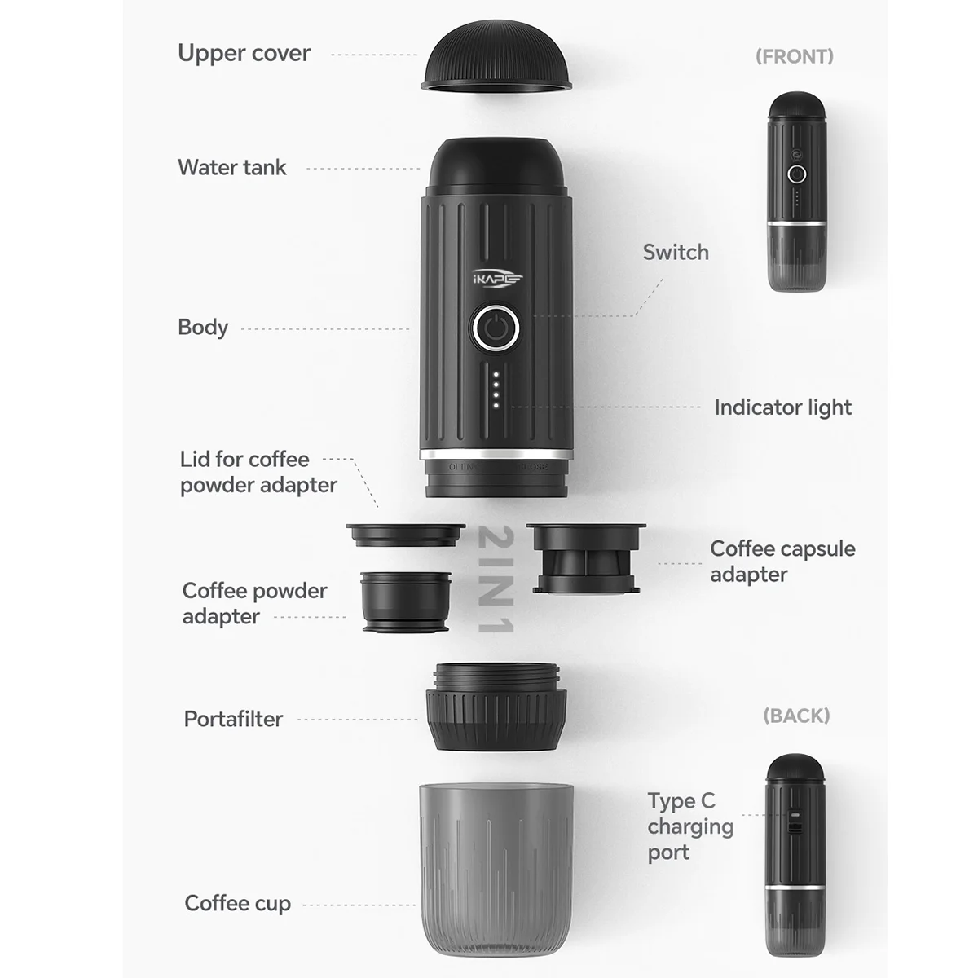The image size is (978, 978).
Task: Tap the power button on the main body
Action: (x=496, y=329)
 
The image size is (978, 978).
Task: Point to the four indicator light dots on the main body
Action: (x=496, y=391)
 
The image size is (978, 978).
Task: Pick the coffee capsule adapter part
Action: (x=585, y=558)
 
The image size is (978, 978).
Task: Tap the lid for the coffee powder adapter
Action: (x=405, y=535)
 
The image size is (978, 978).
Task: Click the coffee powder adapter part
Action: (x=405, y=601)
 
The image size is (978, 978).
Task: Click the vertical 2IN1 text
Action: (x=495, y=579)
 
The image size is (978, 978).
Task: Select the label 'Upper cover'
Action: (x=244, y=54)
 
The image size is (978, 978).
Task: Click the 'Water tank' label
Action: (x=232, y=168)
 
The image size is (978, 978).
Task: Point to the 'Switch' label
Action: (x=676, y=253)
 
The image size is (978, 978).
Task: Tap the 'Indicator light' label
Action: (x=782, y=407)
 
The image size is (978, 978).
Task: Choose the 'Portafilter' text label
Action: (x=233, y=719)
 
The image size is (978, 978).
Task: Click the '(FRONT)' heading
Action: (x=794, y=56)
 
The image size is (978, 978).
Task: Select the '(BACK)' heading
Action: (x=796, y=716)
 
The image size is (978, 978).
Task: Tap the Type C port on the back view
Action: (x=795, y=820)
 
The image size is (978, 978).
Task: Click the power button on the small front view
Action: (x=796, y=174)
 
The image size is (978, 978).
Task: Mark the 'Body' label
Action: (x=203, y=328)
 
